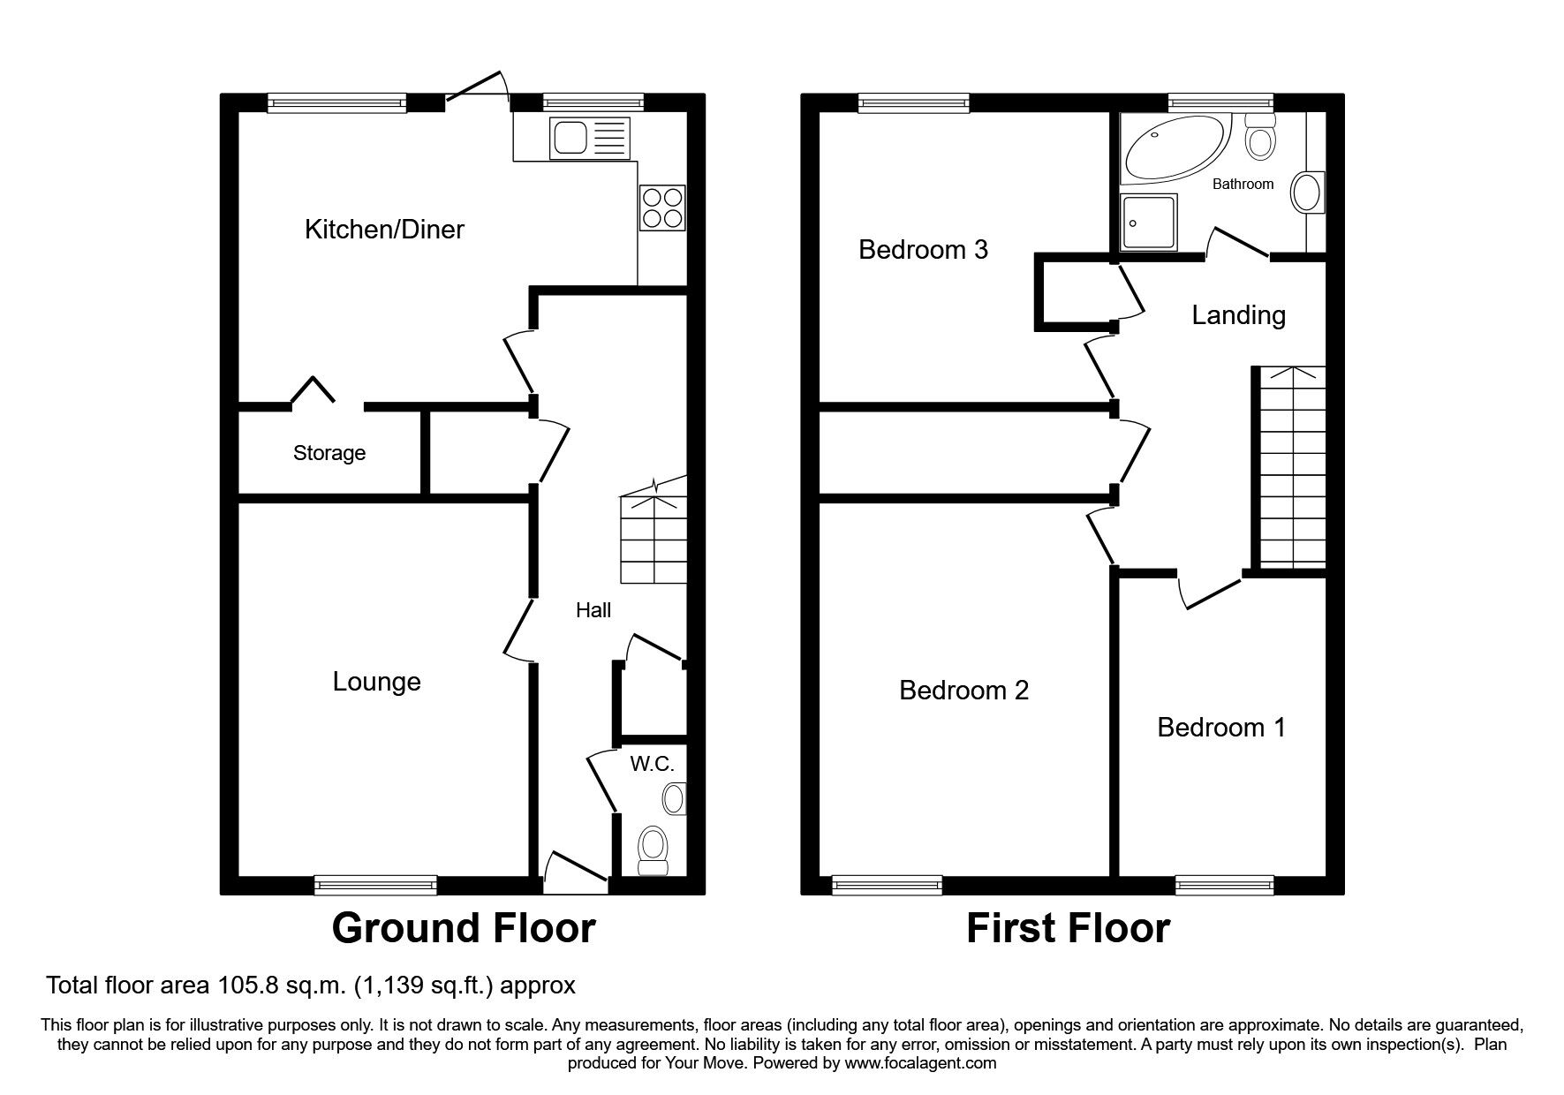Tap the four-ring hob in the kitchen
661,208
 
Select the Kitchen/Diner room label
384,230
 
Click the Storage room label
329,453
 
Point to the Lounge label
376,682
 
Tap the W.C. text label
652,764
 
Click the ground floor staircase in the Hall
654,539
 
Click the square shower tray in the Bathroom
1148,222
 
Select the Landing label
1238,315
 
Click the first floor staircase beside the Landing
1291,468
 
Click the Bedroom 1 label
1221,728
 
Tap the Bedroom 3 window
914,103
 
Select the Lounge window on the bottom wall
376,884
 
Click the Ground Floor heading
464,928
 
